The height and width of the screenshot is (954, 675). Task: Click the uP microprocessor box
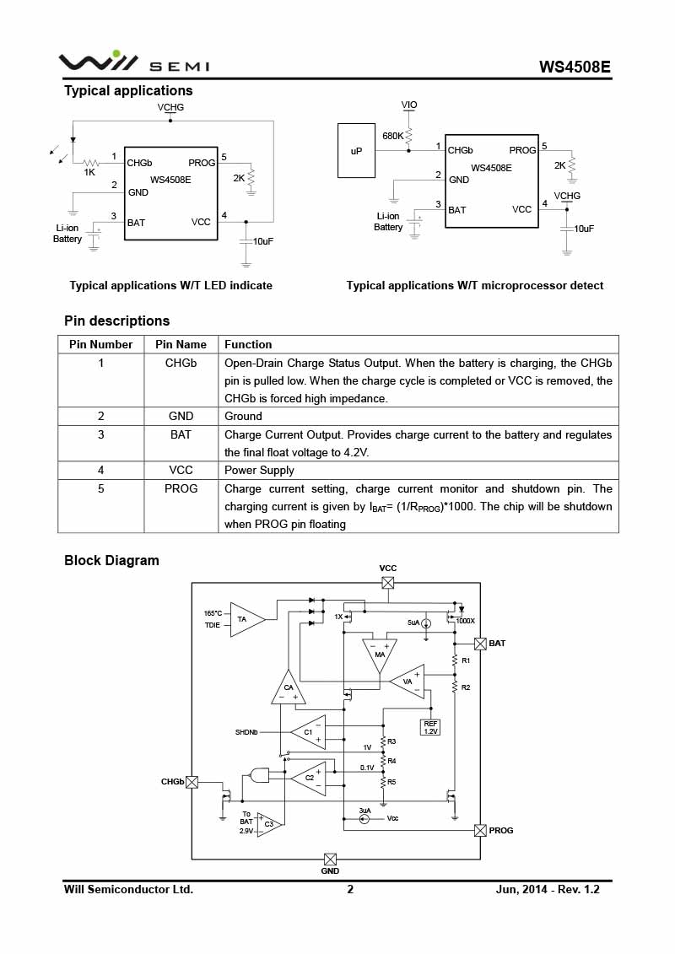(356, 151)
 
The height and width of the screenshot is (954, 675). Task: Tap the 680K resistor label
(392, 136)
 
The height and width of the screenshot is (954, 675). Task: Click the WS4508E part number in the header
(575, 67)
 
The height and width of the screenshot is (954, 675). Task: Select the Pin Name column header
(181, 344)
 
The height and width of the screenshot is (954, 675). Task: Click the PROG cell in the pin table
(181, 488)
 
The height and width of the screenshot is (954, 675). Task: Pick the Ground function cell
(243, 416)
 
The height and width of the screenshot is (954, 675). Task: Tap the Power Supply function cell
(259, 471)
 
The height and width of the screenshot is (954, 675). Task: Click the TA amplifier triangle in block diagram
(247, 620)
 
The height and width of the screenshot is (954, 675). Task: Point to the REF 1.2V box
(430, 727)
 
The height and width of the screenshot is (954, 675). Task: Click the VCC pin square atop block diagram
(388, 583)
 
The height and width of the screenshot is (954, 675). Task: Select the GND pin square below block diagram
(330, 859)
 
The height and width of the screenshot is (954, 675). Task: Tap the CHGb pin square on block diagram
(192, 783)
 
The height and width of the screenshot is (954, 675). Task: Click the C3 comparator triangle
(268, 824)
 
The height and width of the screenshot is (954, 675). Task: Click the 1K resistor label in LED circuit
(89, 172)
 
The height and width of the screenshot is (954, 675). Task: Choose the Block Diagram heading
(111, 560)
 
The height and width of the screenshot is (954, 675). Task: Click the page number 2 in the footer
(350, 890)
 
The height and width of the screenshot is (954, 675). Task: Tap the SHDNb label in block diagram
(246, 732)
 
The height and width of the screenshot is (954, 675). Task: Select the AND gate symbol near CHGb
(259, 775)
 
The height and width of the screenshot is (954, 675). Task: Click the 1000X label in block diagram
(465, 621)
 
